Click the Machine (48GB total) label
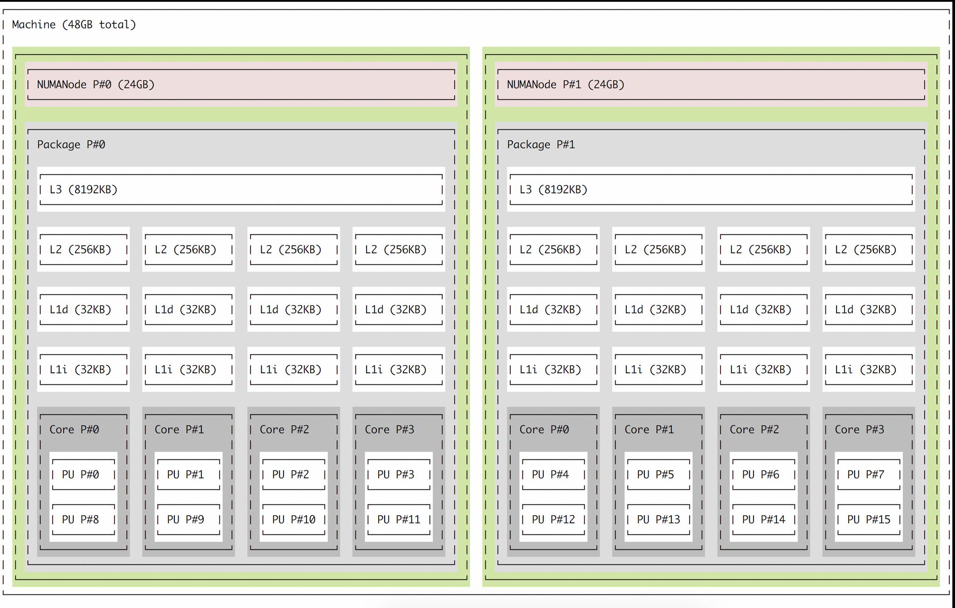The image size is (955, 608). pos(74,25)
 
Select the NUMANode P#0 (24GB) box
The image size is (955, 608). pos(241,84)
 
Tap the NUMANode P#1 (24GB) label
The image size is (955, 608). pos(565,85)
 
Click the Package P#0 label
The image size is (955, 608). pos(71,144)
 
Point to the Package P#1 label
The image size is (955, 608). pos(541,144)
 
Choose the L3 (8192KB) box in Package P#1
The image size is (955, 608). pos(711,190)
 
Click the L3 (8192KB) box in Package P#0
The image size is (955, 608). pos(241,190)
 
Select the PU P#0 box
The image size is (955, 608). pos(83,474)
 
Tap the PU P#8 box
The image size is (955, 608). pos(83,519)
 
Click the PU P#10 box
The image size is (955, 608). pos(293,519)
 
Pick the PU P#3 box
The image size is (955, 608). pos(398,474)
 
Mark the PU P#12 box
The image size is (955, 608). pos(553,519)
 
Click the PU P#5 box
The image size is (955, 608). pos(658,474)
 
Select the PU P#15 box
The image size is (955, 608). pos(868,519)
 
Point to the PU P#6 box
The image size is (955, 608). pos(763,474)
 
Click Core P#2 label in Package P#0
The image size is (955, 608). pos(284,430)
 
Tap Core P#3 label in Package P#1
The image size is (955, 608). pos(859,430)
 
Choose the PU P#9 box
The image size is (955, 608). pos(188,519)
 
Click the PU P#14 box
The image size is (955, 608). pos(763,519)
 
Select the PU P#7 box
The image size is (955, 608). pos(868,474)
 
